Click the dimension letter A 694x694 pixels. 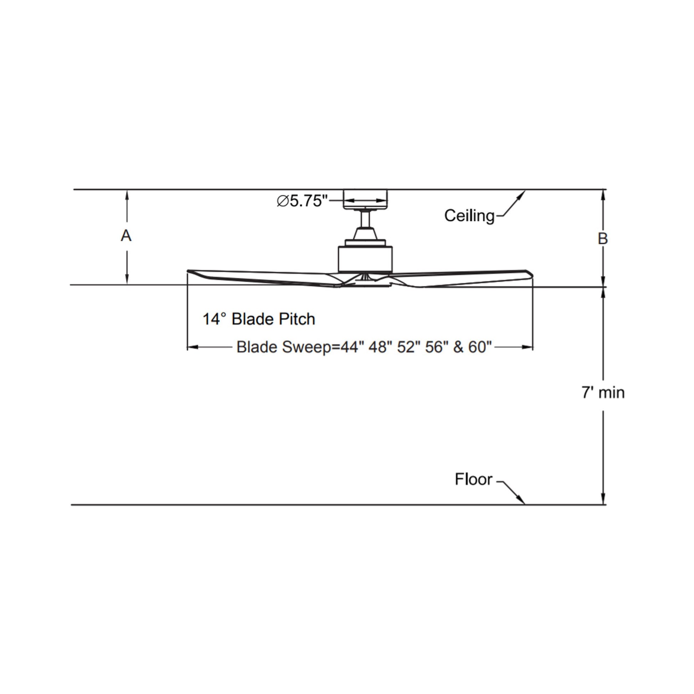126,236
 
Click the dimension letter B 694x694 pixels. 603,239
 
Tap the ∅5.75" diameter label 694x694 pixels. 302,201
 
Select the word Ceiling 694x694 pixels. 469,215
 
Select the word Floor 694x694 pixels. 474,479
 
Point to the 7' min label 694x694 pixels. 603,393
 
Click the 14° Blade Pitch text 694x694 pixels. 259,319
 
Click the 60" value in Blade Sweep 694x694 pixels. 480,347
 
